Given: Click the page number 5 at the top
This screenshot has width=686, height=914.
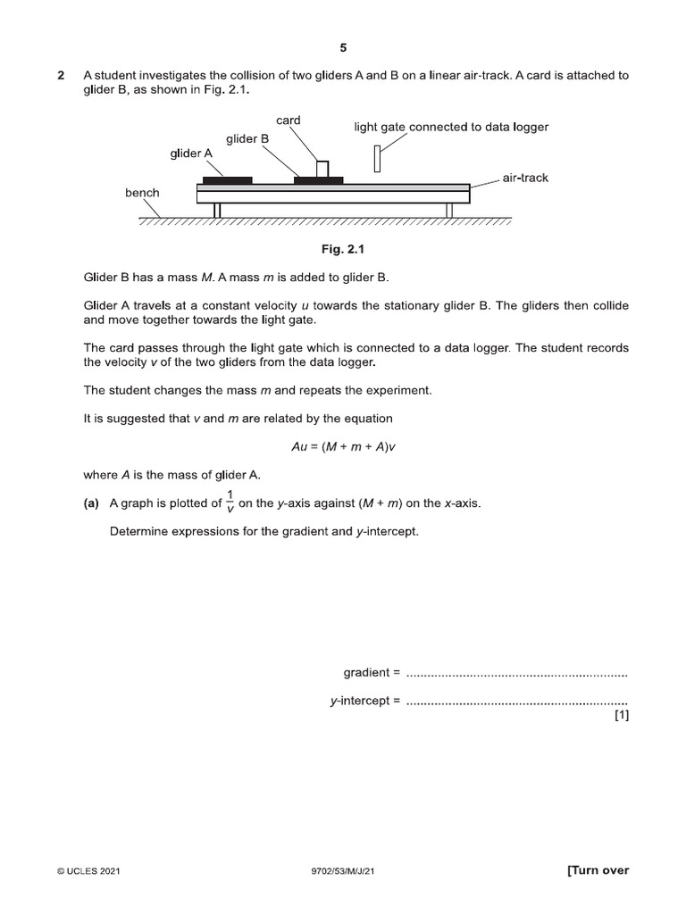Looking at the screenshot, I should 343,48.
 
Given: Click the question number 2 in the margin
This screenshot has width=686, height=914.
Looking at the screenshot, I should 61,76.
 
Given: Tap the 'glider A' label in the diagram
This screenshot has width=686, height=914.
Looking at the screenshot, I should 191,154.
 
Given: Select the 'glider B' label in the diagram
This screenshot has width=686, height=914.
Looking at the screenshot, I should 247,138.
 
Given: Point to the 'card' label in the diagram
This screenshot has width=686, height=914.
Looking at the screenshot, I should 288,120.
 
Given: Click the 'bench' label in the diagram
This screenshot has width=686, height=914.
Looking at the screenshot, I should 142,193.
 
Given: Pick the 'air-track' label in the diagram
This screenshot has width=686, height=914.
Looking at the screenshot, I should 525,178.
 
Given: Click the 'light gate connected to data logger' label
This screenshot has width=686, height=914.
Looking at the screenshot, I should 451,127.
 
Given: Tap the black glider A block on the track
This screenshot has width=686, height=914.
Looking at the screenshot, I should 227,180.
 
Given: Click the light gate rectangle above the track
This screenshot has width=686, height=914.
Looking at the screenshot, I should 378,158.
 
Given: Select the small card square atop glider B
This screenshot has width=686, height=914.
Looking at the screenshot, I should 322,169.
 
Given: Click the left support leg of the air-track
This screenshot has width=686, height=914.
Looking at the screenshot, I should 216,211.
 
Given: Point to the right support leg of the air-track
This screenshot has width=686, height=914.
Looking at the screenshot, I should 449,211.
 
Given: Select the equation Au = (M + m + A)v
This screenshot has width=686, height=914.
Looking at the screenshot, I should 343,446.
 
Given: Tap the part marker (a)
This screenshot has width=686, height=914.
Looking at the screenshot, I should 91,503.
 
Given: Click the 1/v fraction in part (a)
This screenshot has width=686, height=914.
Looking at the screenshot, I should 230,503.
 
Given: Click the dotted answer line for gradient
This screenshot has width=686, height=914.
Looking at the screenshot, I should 516,672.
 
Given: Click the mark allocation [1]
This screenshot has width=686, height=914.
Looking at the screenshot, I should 621,715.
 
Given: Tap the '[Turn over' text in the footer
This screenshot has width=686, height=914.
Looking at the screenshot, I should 598,870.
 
